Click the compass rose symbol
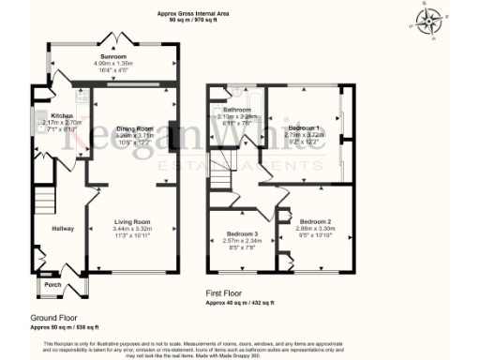431,21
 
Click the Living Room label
131,221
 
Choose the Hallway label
63,228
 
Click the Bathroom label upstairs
236,110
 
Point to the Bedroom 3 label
242,233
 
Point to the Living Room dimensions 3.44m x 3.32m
131,228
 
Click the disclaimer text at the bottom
240,347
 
